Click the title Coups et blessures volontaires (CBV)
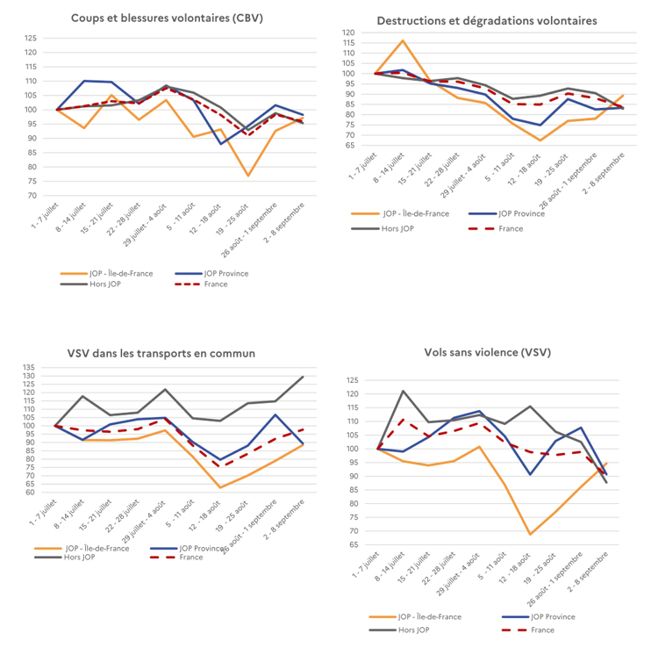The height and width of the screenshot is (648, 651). [x=167, y=18]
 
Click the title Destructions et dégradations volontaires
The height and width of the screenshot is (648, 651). [x=487, y=21]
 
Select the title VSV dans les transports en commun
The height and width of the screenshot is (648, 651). [x=161, y=354]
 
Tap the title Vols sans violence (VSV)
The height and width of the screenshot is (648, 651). [x=488, y=352]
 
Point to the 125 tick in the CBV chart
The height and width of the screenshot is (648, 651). [x=31, y=39]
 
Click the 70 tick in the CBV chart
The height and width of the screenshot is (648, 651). [x=32, y=196]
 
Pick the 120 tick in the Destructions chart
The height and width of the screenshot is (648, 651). [x=348, y=32]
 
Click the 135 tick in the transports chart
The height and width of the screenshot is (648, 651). [x=29, y=368]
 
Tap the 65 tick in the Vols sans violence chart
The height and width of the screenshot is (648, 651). [x=354, y=544]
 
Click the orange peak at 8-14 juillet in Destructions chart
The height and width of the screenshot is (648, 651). [x=403, y=40]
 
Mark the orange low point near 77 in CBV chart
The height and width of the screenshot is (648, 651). [x=248, y=176]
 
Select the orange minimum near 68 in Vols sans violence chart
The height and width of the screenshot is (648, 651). [x=530, y=534]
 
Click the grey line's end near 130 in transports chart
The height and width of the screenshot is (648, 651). [x=303, y=377]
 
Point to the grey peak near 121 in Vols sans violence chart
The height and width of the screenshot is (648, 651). [x=403, y=391]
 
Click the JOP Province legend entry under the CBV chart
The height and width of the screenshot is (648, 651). [x=211, y=273]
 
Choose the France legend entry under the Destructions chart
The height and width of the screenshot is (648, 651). [x=496, y=228]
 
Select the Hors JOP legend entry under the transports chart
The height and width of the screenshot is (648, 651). [x=65, y=557]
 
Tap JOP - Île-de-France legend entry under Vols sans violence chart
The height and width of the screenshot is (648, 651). [x=415, y=617]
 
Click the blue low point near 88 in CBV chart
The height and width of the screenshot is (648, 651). [x=221, y=144]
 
